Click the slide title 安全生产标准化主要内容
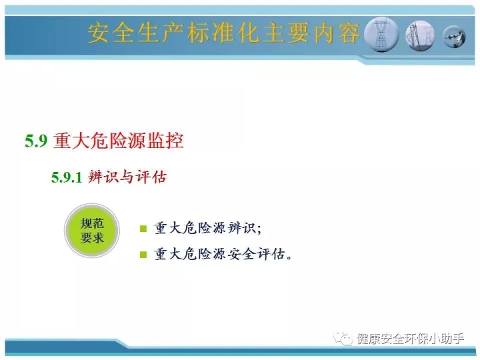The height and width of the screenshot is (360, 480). [223, 33]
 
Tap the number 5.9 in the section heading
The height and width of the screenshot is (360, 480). [37, 141]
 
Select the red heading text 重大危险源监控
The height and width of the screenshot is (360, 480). [119, 141]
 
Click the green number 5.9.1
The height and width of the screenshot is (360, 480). [67, 177]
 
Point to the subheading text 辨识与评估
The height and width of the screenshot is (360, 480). [127, 177]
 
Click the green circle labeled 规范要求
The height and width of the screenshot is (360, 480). [92, 231]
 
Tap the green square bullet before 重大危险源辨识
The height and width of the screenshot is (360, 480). [143, 229]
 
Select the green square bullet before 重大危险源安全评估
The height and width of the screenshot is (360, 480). [143, 255]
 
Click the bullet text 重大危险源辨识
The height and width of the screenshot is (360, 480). [207, 229]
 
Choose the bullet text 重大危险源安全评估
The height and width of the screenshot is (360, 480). [223, 254]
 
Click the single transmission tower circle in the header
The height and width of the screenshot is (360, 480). [381, 34]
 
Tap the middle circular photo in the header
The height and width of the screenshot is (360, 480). [420, 35]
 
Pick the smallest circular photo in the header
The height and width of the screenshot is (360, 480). [455, 37]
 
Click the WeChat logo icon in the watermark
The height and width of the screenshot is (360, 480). [343, 339]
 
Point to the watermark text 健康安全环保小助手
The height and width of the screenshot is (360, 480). [410, 339]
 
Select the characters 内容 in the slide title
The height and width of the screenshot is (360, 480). [337, 33]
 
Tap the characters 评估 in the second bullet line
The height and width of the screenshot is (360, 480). [271, 254]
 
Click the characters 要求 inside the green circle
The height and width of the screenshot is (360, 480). [92, 238]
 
